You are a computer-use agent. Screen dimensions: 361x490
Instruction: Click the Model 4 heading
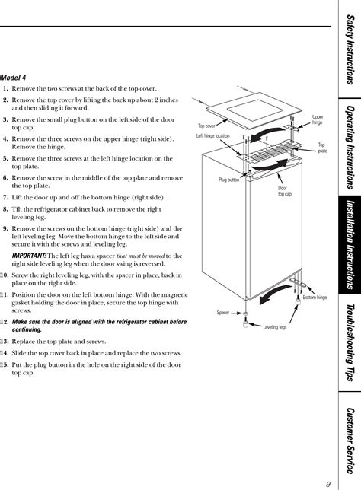(x=13, y=77)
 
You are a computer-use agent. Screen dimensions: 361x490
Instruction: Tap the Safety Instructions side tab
(x=350, y=50)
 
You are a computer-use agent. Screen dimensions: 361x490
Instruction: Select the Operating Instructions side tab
(x=350, y=148)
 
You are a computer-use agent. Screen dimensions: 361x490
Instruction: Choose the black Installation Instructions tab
(x=350, y=245)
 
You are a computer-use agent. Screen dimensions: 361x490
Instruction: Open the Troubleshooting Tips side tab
(x=350, y=343)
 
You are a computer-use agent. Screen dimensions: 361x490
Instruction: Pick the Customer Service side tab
(x=350, y=441)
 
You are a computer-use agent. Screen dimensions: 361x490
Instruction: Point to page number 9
(x=328, y=484)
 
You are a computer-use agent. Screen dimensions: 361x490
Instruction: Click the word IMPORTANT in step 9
(x=29, y=256)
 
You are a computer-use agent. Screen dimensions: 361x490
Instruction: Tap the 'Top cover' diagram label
(x=206, y=126)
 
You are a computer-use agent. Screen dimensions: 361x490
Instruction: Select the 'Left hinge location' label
(x=212, y=136)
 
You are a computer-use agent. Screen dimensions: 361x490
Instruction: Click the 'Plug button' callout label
(x=228, y=180)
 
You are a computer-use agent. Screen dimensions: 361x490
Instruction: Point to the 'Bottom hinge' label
(x=315, y=297)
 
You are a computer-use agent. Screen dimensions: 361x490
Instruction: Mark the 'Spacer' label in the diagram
(x=223, y=313)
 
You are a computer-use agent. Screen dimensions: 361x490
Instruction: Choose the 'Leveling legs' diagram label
(x=275, y=327)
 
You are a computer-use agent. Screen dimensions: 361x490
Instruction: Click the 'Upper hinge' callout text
(x=318, y=119)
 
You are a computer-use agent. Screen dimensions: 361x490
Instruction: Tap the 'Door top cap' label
(x=285, y=191)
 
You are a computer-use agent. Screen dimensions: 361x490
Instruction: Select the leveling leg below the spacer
(x=245, y=323)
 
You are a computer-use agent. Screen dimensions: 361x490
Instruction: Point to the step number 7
(x=5, y=198)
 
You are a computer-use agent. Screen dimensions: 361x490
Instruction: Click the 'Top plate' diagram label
(x=322, y=148)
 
